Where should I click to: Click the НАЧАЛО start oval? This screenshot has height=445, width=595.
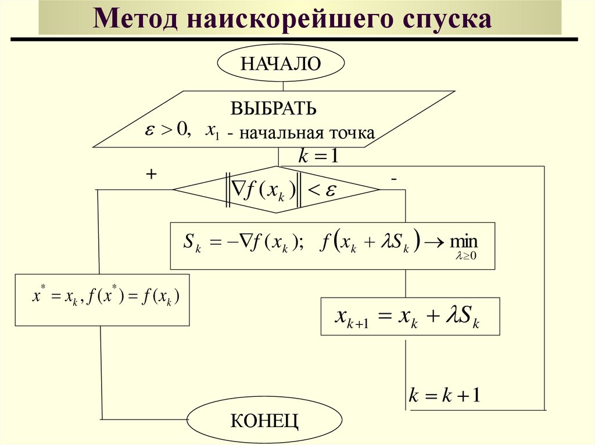click(281, 63)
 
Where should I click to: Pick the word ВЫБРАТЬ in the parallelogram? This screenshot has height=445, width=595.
click(274, 108)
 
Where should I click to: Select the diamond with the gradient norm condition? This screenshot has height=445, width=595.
click(276, 190)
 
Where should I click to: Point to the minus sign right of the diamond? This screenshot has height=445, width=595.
click(394, 180)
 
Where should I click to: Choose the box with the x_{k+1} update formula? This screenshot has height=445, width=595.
click(410, 316)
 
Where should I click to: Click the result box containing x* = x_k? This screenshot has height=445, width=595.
click(102, 299)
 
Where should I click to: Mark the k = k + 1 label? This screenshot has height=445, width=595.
click(445, 396)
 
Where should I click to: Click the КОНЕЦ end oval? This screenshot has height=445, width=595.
click(264, 420)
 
